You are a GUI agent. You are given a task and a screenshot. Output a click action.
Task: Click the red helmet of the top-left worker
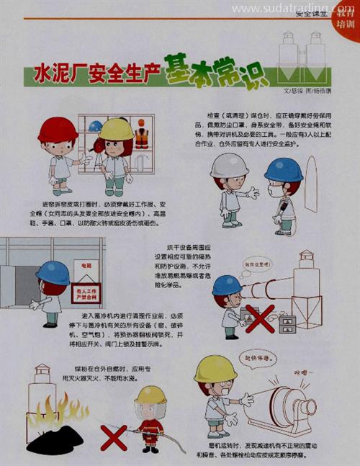point(58,130)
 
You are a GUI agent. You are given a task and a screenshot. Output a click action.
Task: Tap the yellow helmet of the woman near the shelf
point(116,129)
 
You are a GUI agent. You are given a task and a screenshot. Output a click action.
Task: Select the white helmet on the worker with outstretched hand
point(229,166)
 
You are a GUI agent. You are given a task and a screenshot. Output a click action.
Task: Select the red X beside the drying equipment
point(260,318)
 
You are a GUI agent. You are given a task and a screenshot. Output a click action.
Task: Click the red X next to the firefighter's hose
point(113,436)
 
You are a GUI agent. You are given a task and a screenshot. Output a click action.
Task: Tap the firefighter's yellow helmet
point(150,394)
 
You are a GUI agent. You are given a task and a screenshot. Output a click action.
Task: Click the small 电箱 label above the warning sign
point(87,266)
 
